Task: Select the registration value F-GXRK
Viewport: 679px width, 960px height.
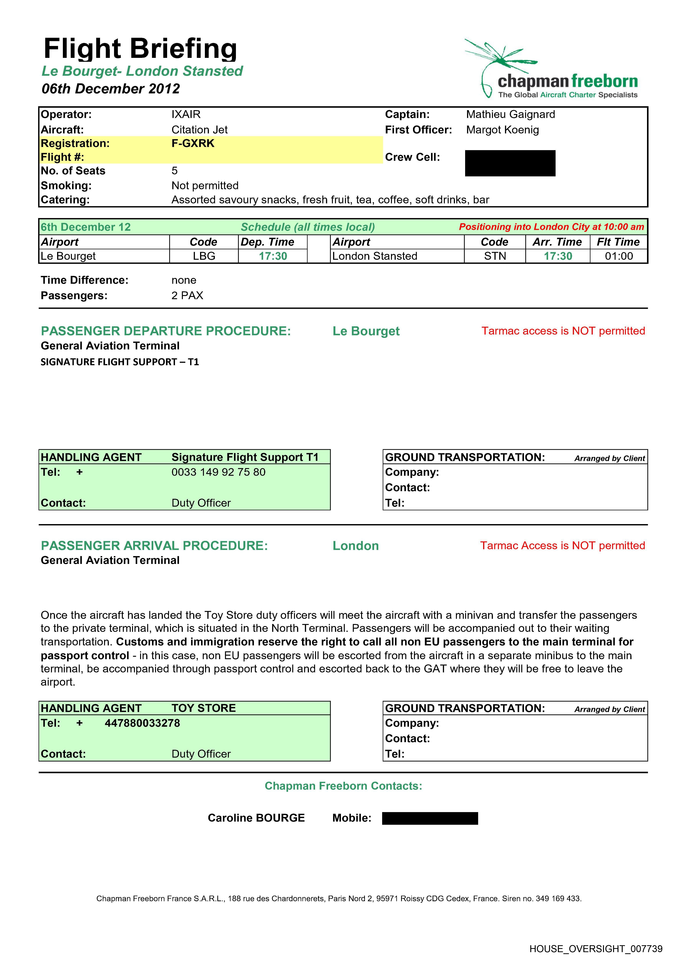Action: coord(193,143)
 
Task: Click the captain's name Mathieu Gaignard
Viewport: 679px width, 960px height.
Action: coord(511,115)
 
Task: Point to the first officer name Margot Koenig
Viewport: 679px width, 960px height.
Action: coord(502,130)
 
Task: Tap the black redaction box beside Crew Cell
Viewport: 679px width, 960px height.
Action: coord(510,163)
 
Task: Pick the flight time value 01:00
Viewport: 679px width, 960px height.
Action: coord(619,256)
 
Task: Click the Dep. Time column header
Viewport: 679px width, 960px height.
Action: coord(268,242)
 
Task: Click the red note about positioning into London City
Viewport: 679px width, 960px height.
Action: coord(551,227)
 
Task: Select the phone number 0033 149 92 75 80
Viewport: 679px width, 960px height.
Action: coord(218,472)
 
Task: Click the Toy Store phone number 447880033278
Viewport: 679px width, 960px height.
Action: coord(142,723)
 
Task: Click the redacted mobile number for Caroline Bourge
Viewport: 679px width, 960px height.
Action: coord(430,818)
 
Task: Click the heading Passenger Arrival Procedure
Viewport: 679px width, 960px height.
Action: coord(154,546)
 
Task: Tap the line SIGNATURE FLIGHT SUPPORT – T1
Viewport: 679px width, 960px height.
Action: coord(120,362)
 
